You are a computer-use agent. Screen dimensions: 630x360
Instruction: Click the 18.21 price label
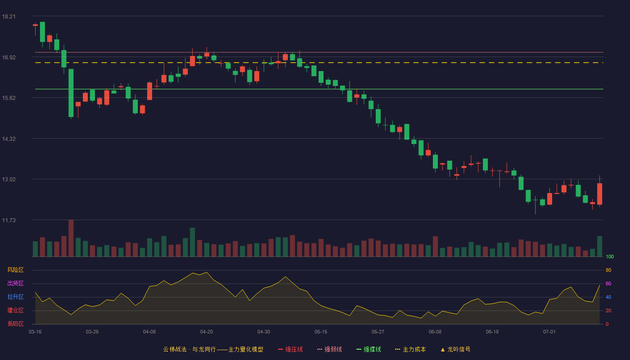click(x=9, y=17)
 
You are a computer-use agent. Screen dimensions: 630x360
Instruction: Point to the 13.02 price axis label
click(x=9, y=180)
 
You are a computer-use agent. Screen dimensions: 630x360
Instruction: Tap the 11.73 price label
click(x=9, y=220)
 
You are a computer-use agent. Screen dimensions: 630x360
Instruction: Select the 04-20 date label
click(x=207, y=332)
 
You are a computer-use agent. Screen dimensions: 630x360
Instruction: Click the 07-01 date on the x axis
click(x=549, y=332)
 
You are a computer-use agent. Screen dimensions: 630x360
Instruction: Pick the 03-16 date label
click(x=35, y=332)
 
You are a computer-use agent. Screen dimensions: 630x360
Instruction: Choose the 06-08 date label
click(x=435, y=332)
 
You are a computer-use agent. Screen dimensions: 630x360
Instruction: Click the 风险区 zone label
click(x=15, y=270)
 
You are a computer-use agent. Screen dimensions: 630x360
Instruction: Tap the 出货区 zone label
click(x=15, y=283)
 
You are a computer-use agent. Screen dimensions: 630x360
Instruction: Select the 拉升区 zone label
click(x=15, y=297)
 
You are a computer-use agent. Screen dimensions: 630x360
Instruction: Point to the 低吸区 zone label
click(x=15, y=324)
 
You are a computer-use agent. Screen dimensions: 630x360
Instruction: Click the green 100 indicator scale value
click(x=610, y=256)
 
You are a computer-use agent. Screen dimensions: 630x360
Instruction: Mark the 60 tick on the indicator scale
click(x=608, y=283)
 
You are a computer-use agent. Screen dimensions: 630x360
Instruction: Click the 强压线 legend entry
click(x=290, y=349)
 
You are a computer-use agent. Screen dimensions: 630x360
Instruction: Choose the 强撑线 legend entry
click(x=369, y=349)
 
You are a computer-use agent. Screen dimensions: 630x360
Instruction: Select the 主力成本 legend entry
click(x=410, y=349)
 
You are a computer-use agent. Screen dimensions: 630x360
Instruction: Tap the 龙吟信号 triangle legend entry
click(x=455, y=349)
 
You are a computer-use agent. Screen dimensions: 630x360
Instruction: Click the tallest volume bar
click(x=71, y=238)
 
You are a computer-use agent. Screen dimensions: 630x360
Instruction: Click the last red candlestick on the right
click(x=599, y=194)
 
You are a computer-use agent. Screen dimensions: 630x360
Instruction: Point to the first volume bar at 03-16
click(x=35, y=249)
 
